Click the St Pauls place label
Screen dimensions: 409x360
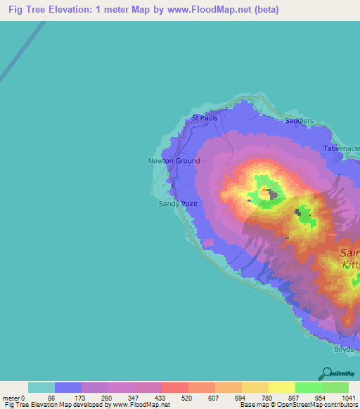coord(205,118)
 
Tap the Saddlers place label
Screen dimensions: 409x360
coord(300,121)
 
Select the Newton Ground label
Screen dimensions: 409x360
coord(174,161)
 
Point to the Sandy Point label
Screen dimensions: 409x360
coord(177,204)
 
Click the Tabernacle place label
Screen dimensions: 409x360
coord(342,148)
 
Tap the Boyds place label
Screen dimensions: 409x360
coord(345,349)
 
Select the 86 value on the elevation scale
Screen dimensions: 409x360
coord(51,397)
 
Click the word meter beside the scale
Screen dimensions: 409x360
coord(11,397)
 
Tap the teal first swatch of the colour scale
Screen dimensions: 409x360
coord(41,387)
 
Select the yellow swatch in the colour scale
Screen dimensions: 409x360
coord(281,387)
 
